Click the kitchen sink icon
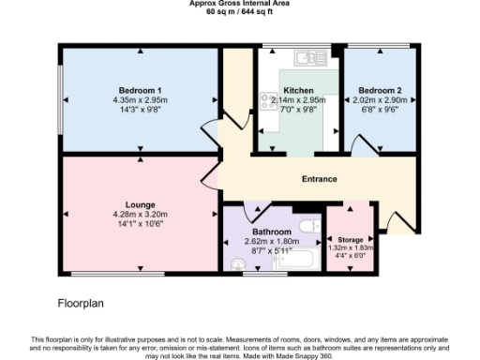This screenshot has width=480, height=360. (307, 58)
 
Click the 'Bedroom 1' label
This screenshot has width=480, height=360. (140, 90)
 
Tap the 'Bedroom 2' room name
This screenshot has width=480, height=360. (380, 90)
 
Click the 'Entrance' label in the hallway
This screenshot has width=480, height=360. (319, 179)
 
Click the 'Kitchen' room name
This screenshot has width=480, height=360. (296, 90)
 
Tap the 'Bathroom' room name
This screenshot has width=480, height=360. (270, 231)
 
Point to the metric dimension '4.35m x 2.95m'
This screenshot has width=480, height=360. (140, 99)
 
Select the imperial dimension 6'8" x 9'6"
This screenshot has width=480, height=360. (380, 109)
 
